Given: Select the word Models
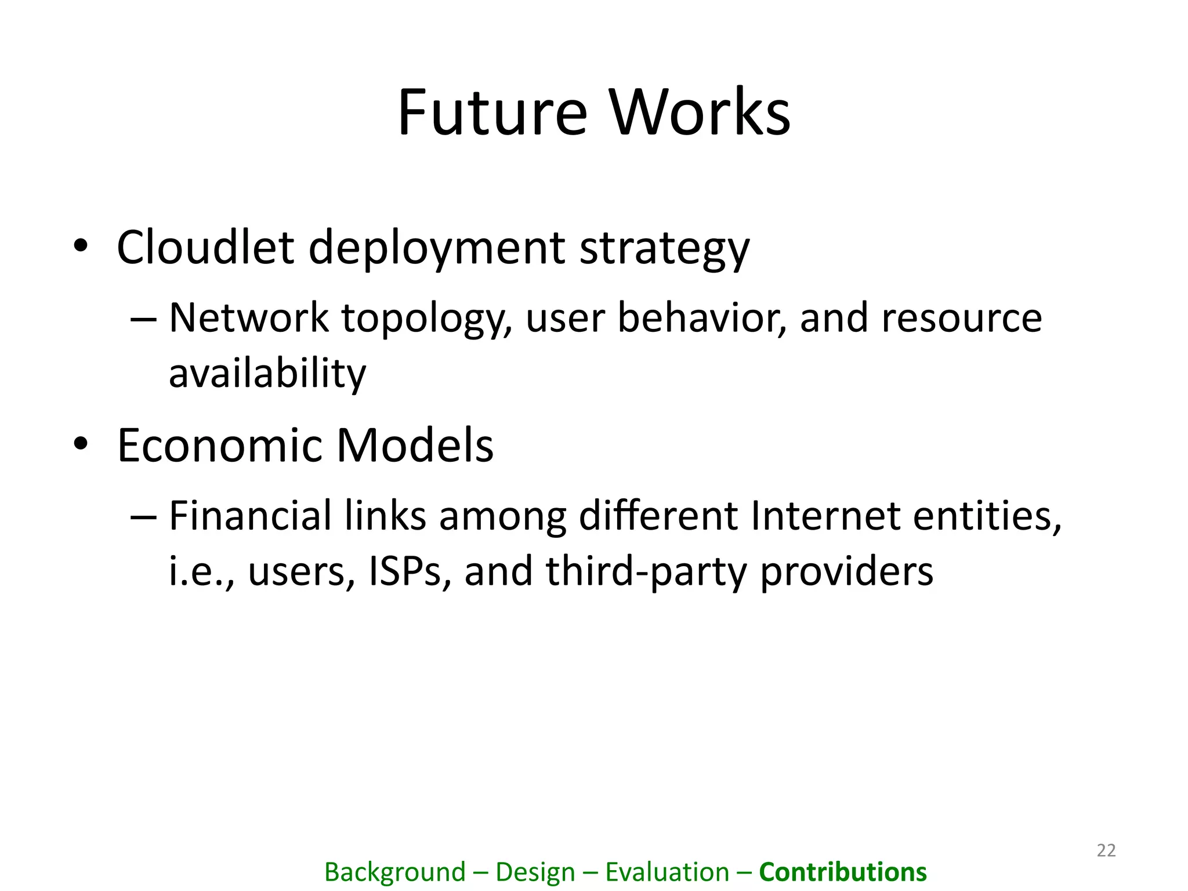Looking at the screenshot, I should pos(415,445).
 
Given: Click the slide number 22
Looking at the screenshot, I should pos(1106,850).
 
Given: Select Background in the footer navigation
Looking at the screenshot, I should pos(395,872).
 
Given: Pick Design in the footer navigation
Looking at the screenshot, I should pos(535,872).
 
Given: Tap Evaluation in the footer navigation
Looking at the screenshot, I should pos(667,872).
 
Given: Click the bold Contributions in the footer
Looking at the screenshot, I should pos(843,872).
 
